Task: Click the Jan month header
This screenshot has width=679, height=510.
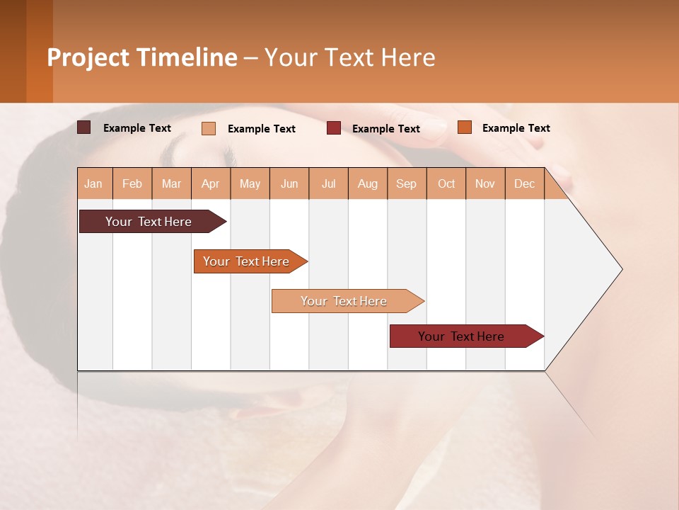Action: [94, 184]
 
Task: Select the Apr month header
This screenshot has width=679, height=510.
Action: [211, 184]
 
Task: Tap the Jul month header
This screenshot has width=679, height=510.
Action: [329, 184]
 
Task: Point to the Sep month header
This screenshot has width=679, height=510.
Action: [407, 184]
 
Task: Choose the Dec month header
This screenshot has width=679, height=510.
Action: [524, 184]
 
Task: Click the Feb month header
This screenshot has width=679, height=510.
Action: [132, 184]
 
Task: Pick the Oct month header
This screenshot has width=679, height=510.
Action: [446, 184]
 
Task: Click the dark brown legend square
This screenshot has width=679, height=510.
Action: [84, 127]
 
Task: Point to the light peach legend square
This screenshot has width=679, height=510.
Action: [209, 128]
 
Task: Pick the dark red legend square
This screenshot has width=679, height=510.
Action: [334, 128]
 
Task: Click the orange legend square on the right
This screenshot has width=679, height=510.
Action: [465, 127]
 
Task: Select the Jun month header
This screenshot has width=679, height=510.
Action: [289, 184]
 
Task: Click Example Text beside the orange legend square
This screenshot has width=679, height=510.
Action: [516, 128]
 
